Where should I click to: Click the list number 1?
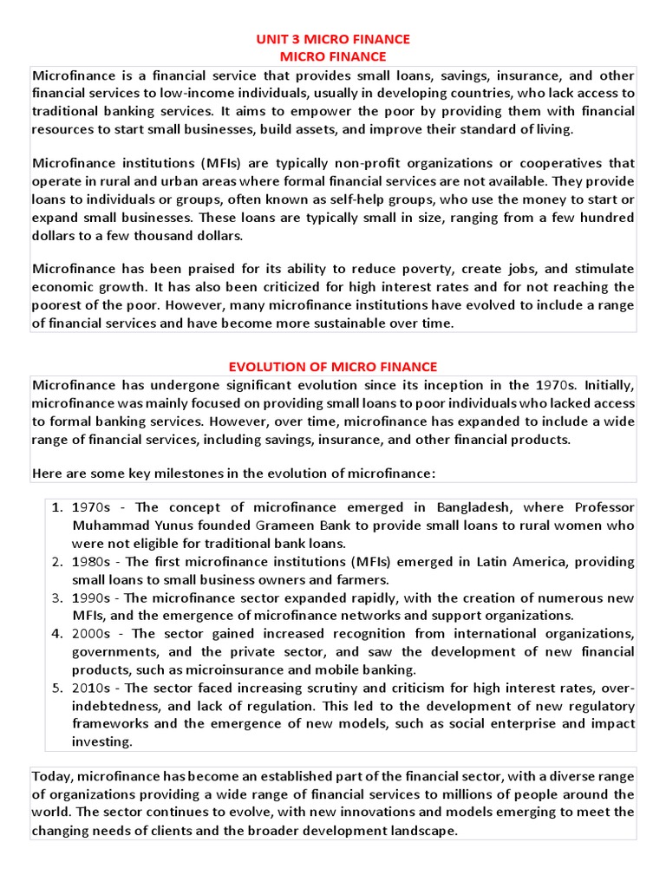tap(55, 507)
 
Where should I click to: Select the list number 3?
tap(55, 598)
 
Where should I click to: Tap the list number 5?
tap(55, 688)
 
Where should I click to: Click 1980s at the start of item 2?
tap(91, 562)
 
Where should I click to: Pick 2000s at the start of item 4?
tap(92, 633)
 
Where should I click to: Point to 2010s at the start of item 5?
tap(91, 688)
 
